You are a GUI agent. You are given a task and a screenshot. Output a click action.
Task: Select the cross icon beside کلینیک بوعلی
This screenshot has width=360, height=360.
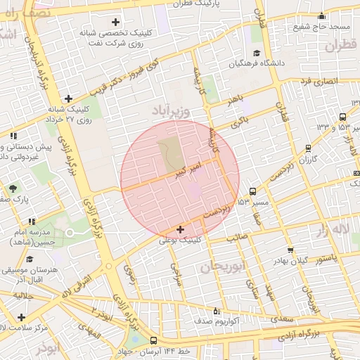click(181, 229)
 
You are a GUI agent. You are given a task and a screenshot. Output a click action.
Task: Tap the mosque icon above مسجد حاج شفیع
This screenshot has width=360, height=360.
click(322, 16)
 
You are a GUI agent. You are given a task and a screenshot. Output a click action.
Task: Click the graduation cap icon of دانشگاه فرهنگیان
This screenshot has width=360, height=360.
click(257, 53)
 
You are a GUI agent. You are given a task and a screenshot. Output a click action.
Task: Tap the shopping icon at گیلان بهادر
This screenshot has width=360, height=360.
click(290, 250)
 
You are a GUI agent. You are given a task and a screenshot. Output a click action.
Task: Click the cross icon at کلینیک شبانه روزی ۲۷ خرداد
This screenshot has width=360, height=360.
click(67, 98)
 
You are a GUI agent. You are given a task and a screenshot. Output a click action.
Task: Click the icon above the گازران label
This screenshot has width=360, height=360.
click(308, 148)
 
